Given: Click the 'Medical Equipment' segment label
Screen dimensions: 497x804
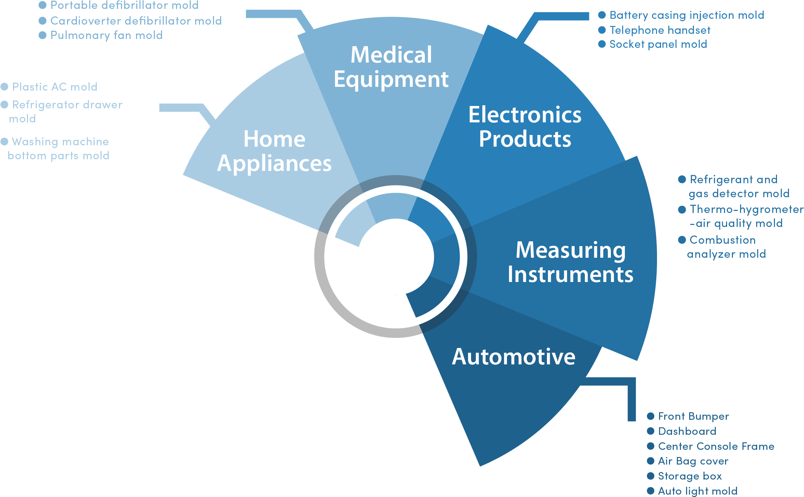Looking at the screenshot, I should pos(391,67).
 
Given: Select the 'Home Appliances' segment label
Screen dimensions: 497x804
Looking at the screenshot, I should pos(274,151).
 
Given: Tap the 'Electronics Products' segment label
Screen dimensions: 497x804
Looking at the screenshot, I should pos(525,126).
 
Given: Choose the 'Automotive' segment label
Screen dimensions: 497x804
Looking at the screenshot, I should pos(513,357).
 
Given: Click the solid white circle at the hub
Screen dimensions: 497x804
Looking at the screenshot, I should pos(396,257).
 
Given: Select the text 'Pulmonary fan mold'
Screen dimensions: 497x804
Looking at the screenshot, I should pos(106,35).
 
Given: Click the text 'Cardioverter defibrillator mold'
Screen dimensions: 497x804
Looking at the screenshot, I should pos(136,21).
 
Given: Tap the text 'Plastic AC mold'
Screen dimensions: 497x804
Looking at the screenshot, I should pos(55,87).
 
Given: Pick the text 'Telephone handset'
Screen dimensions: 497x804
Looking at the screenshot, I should pos(660,30).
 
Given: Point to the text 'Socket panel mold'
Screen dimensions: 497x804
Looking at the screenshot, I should pos(658,44).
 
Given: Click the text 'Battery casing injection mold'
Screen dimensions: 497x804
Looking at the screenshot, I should pos(686,15).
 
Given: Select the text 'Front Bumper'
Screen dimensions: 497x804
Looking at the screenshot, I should pos(693,416).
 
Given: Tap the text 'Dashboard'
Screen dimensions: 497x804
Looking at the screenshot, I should pos(687,431).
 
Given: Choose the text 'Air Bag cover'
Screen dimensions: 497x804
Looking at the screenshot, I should pos(693,461).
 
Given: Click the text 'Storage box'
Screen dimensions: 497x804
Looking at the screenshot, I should pos(690,476).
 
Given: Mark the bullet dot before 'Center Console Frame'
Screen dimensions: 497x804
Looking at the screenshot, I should pos(651,446).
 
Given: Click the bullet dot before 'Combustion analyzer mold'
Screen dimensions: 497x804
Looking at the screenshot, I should pos(682,240).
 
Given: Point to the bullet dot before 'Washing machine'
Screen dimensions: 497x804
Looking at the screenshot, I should pos(4,142).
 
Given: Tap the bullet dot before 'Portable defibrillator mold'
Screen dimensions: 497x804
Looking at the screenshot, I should pos(42,5).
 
